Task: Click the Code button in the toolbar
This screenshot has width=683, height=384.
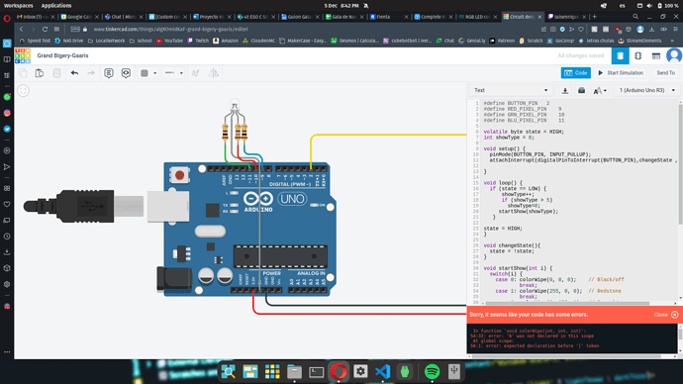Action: [576, 72]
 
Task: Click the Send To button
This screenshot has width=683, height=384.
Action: [664, 72]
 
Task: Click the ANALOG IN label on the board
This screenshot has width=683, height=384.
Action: [311, 273]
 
